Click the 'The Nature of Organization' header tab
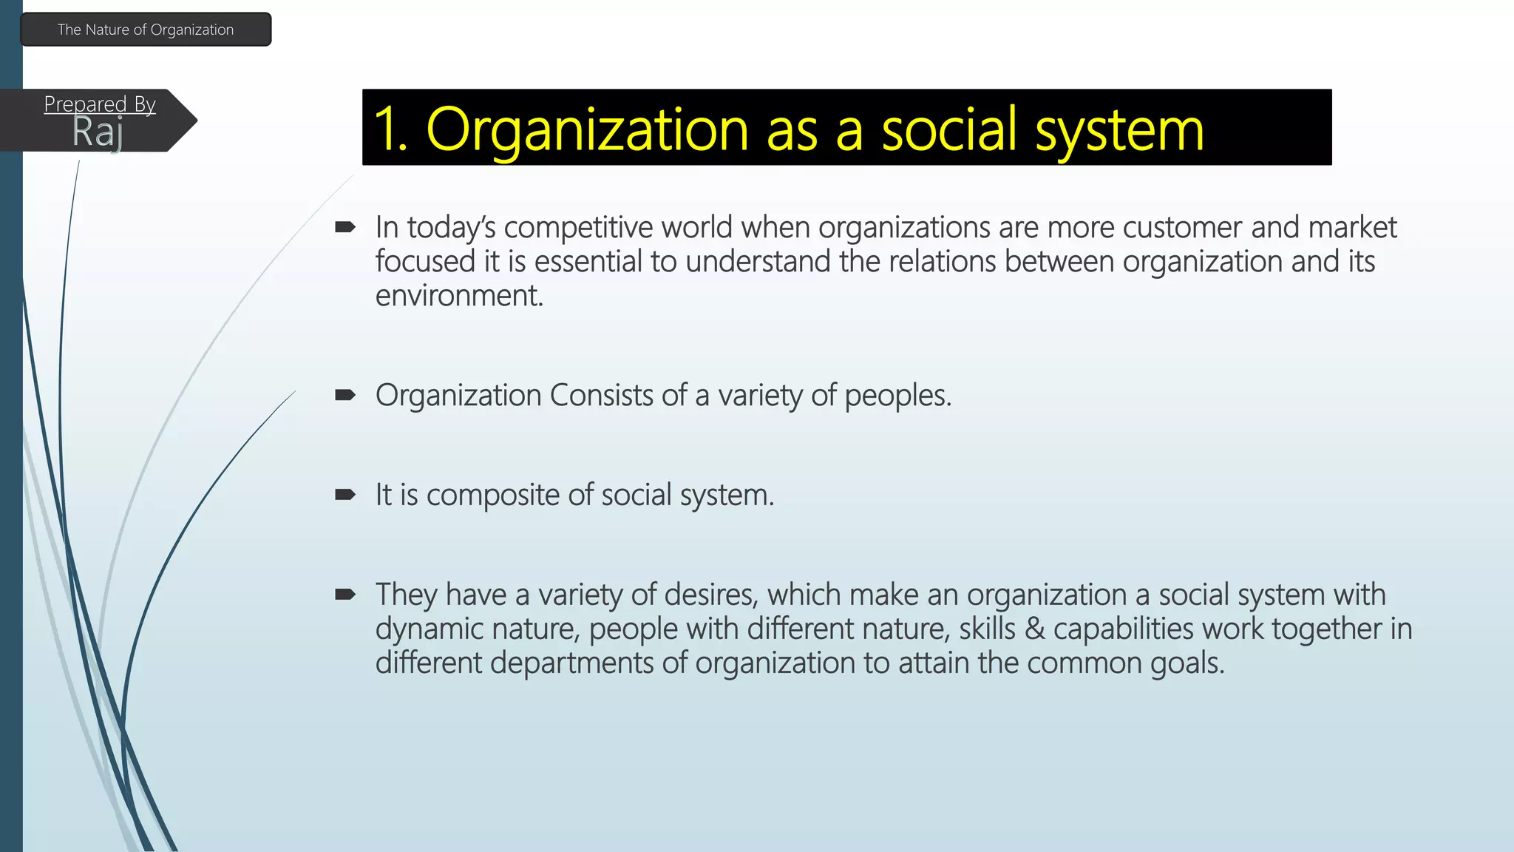tap(146, 30)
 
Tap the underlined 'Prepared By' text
tap(100, 104)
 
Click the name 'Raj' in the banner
tap(98, 133)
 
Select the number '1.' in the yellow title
tap(390, 129)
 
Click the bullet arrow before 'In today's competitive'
tap(345, 227)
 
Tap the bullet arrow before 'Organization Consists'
tap(345, 395)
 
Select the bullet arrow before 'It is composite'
tap(345, 495)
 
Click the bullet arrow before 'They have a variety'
tap(345, 594)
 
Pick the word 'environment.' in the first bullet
tap(459, 296)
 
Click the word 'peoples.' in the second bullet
tap(897, 396)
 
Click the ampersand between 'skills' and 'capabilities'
tap(1035, 629)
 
